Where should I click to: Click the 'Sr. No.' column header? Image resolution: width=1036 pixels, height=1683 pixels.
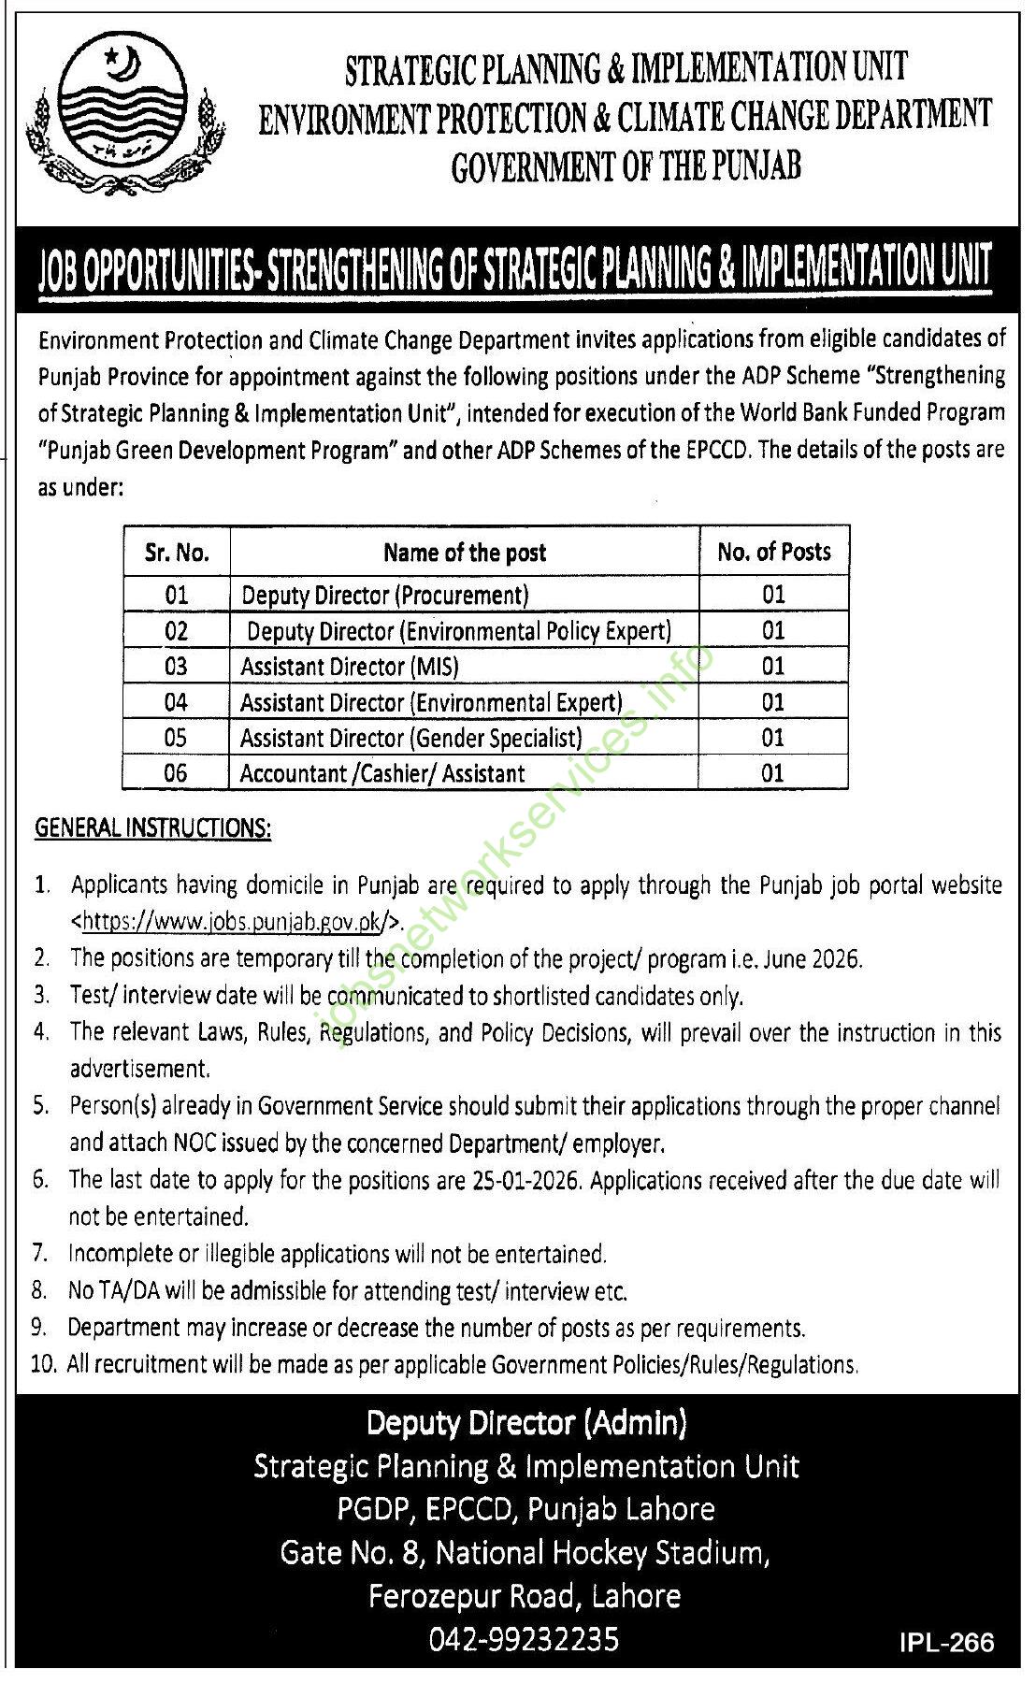click(177, 553)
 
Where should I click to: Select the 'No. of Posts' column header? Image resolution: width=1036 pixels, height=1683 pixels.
click(773, 552)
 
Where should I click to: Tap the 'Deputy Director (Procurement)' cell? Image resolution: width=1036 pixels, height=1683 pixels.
click(385, 595)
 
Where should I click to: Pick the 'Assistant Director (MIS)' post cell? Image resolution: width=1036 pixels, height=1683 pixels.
click(350, 667)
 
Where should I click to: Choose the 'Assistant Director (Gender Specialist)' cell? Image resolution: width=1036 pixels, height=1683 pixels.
click(411, 738)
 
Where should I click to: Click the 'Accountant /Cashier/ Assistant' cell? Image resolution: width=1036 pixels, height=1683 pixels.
click(382, 773)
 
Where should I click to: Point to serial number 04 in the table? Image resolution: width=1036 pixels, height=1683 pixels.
click(176, 702)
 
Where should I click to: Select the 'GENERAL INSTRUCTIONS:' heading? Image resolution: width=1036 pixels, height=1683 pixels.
click(153, 828)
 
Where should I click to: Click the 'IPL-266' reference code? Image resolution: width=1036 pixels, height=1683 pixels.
click(946, 1642)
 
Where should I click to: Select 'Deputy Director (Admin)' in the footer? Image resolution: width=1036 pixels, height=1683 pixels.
click(526, 1423)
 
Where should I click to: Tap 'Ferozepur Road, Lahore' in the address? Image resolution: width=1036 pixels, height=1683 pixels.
click(525, 1595)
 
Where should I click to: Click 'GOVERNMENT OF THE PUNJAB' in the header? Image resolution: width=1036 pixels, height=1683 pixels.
click(626, 167)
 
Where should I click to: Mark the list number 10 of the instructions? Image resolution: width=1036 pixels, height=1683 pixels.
click(43, 1364)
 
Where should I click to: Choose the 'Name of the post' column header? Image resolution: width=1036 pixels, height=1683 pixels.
click(465, 553)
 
